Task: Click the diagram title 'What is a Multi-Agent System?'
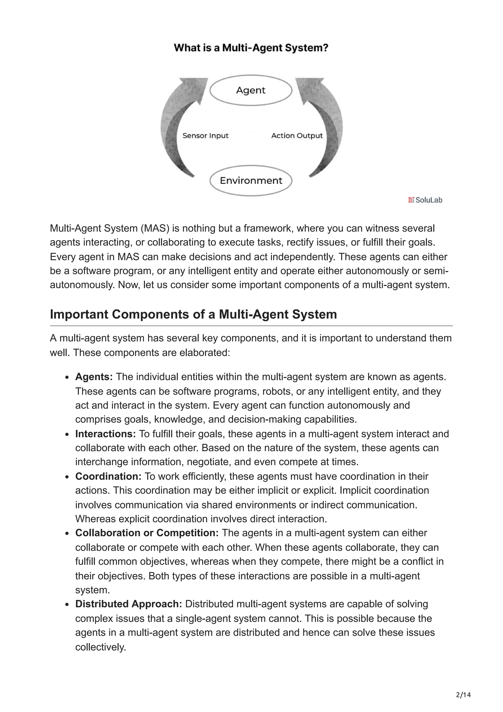251,48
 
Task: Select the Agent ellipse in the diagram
251,90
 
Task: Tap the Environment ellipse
251,181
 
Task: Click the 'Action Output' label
297,136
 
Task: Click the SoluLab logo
425,200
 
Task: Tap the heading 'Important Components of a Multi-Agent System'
193,314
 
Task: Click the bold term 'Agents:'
94,377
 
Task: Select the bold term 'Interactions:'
105,434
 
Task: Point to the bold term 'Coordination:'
108,476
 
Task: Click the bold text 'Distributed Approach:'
128,604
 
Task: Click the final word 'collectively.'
100,647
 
